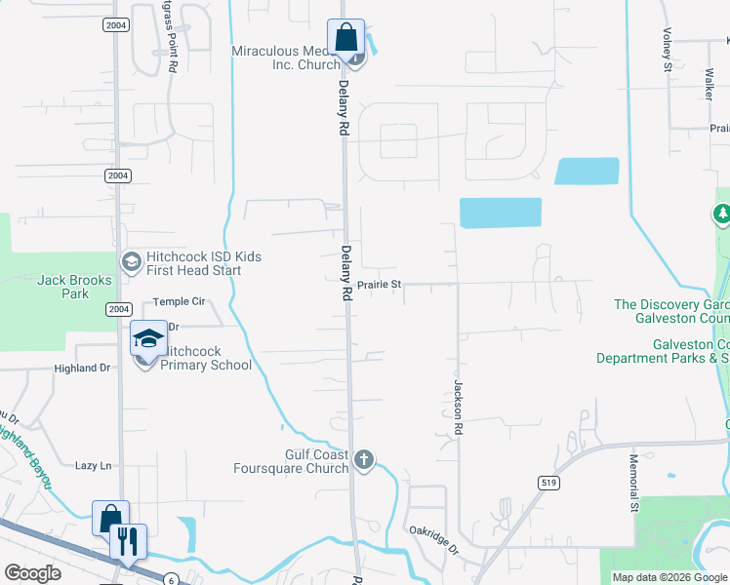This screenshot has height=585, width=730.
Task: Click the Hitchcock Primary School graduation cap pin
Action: (148, 338)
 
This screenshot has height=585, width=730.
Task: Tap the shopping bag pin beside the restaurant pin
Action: (110, 519)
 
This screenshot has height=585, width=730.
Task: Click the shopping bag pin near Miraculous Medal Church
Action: (345, 38)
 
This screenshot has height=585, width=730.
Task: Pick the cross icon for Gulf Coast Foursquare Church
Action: (364, 459)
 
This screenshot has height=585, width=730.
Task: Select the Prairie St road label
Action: (380, 284)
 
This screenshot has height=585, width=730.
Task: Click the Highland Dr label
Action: (83, 368)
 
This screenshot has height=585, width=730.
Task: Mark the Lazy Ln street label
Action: (94, 466)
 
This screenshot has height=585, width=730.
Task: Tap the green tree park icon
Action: (722, 214)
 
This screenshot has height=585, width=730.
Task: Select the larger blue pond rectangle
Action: (500, 213)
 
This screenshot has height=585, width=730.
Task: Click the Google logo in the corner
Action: (32, 573)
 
